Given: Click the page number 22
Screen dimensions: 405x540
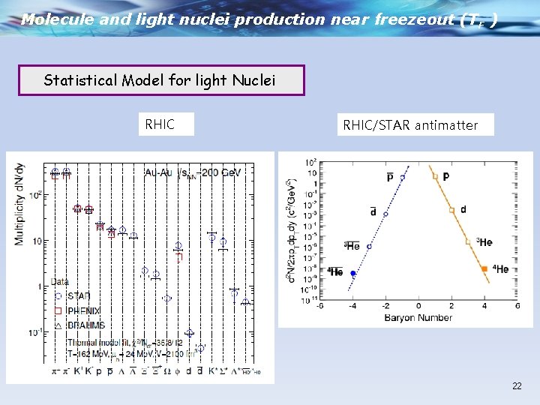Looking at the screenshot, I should point(517,385).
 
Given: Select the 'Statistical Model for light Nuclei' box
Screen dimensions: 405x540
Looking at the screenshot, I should point(161,80).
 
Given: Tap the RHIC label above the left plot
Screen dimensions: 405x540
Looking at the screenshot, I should point(160,124).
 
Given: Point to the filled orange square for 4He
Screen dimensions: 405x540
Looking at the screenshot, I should point(484,268).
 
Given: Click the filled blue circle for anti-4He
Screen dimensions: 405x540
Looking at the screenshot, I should point(353,274).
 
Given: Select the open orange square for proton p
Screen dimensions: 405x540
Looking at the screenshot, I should point(436,177).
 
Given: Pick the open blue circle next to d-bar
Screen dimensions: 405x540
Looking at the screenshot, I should point(385,214).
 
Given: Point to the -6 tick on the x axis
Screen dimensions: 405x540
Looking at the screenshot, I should point(320,307).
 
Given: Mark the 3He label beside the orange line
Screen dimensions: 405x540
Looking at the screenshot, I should point(484,241).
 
